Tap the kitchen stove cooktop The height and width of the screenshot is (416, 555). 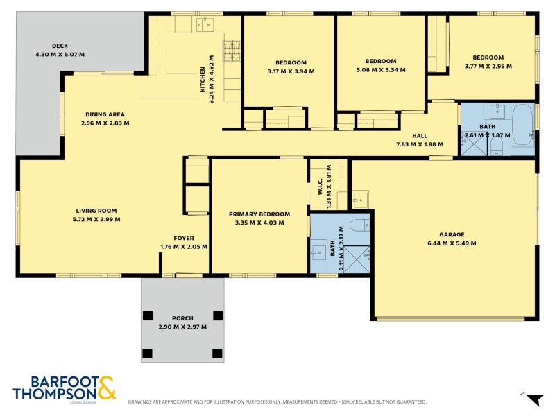click(x=232, y=49)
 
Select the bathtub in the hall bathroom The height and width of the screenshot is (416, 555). click(x=522, y=125)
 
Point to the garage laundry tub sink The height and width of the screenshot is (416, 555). click(x=360, y=200)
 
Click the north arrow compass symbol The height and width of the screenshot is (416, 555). click(x=533, y=399)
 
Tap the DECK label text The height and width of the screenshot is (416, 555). click(x=50, y=46)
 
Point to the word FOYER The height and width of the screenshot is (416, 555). click(x=184, y=238)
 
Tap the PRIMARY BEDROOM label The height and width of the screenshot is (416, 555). click(x=259, y=214)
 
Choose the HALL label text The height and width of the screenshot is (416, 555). click(x=420, y=136)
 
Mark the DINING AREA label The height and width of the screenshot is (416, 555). click(x=105, y=114)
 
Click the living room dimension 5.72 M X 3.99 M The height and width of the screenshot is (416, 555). click(x=96, y=219)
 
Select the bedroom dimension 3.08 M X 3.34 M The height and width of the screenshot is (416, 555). click(x=381, y=70)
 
